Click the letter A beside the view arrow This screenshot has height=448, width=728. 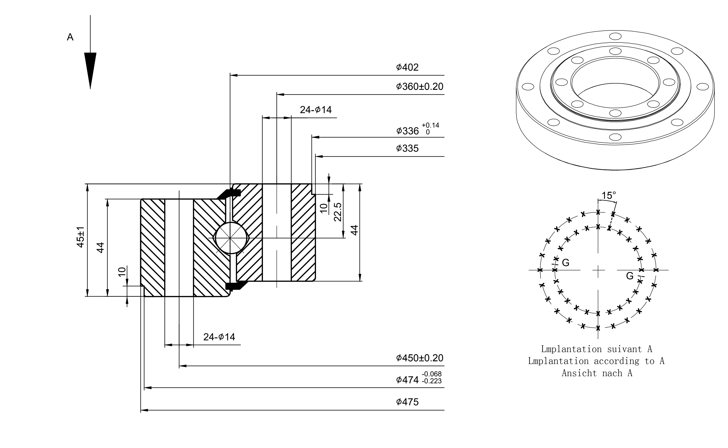coord(70,37)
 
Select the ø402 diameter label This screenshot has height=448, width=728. coord(407,67)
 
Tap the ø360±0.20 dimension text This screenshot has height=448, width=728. coord(420,86)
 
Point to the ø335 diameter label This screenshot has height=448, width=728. coord(407,148)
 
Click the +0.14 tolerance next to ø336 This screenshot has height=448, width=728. coord(430,125)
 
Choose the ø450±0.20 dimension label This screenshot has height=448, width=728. coord(420,358)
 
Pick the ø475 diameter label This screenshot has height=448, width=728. coord(407,402)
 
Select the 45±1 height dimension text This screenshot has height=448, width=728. coord(81,237)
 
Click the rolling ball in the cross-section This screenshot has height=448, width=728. coord(230,238)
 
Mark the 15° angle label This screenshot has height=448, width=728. coord(609,196)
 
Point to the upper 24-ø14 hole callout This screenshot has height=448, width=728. coord(316,110)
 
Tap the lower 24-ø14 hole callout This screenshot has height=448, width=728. coord(219,337)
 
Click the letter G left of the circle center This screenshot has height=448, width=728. coord(566,262)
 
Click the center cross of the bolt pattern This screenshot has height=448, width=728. coord(598,270)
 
